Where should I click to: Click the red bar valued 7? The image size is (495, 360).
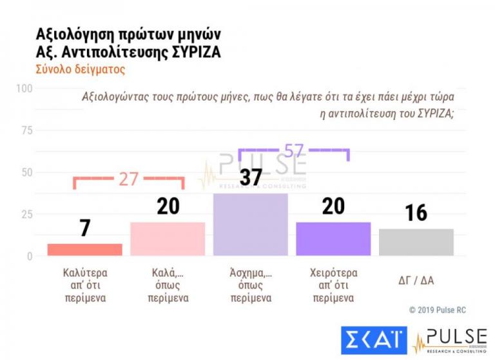coord(84,250)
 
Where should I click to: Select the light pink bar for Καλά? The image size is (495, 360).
coord(168,239)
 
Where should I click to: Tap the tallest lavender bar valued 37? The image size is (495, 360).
coord(250,225)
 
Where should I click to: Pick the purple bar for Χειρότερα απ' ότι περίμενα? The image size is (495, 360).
coord(333,239)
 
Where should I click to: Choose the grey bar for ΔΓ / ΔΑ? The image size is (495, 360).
coord(416,243)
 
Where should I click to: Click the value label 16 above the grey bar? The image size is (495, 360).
coord(416,213)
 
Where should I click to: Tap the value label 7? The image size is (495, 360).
coord(84,228)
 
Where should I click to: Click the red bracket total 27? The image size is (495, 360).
coord(129,179)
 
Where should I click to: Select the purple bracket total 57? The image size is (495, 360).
coord(293,150)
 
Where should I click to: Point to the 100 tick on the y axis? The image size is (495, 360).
coord(24,88)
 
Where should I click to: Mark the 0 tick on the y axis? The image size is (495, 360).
coord(29,256)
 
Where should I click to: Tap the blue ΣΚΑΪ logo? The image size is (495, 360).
coord(374,341)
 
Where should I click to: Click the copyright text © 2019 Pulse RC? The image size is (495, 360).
coord(437,310)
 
